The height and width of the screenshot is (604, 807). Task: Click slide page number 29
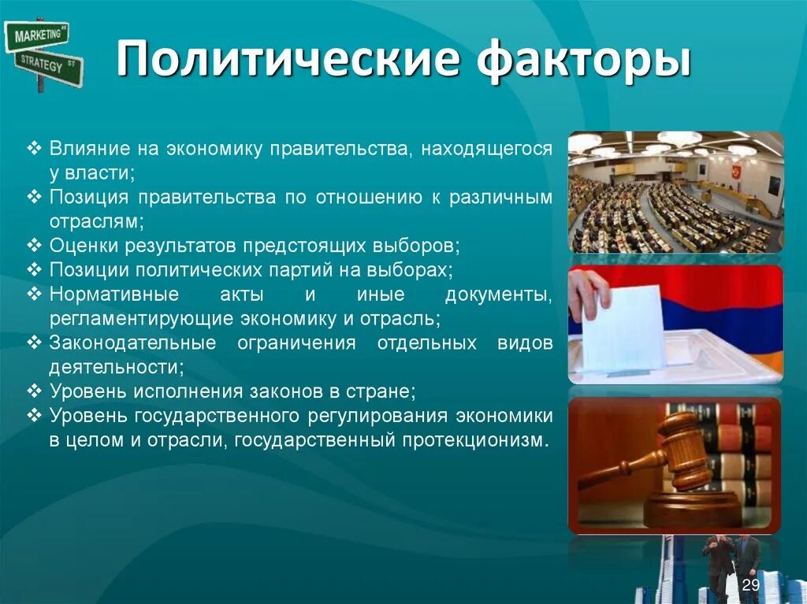coord(751,585)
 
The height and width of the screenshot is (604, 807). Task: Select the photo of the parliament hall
coord(675,192)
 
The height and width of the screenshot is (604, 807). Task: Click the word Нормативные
coord(114,295)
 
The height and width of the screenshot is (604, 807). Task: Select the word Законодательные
coord(132,343)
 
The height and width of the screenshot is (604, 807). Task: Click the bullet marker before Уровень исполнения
coord(34,391)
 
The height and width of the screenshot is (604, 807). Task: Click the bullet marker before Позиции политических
coord(34,269)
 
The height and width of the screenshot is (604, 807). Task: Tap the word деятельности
coord(117,367)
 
